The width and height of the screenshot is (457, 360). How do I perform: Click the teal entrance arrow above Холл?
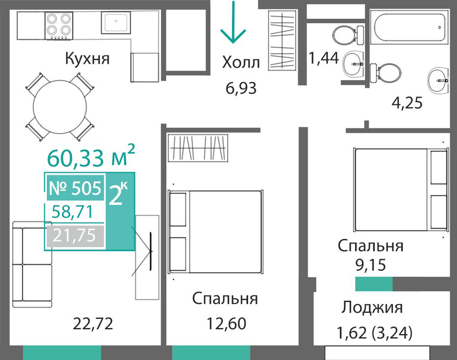233,22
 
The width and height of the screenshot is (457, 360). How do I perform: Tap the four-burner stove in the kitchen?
58,26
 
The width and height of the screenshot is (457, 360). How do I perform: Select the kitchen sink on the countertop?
116,22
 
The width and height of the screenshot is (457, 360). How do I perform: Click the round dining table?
60,107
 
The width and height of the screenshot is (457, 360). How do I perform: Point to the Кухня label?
87,59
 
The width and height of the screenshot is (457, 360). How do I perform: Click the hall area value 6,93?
241,88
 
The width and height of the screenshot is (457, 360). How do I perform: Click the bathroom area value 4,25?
407,103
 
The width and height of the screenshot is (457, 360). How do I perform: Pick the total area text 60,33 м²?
91,156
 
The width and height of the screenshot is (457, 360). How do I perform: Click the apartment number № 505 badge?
75,188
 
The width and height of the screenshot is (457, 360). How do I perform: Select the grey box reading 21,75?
75,236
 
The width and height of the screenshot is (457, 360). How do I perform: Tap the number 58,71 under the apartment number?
72,212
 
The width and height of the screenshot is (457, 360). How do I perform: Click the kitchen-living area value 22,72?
93,323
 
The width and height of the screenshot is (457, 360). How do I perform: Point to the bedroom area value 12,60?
227,323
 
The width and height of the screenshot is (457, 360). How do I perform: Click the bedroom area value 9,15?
371,265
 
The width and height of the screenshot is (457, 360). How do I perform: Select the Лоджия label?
372,307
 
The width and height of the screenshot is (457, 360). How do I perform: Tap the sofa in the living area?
32,264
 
